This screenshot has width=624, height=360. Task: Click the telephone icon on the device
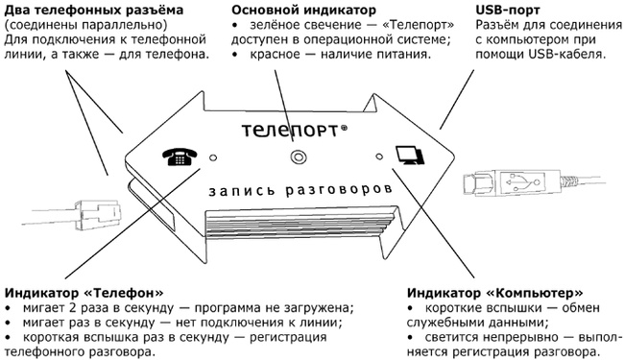180,157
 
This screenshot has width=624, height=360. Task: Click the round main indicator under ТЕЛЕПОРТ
298,156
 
